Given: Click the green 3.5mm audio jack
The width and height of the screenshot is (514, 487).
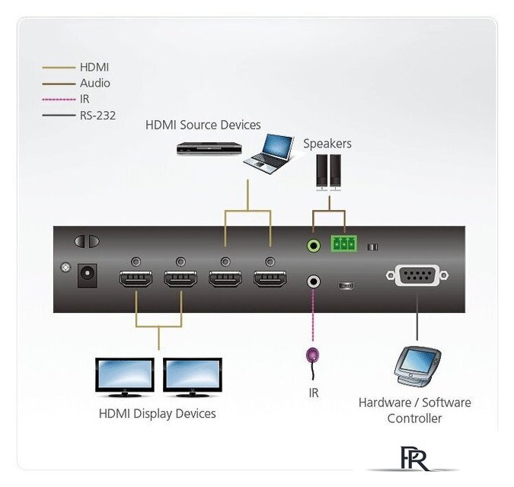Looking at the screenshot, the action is [x=314, y=245].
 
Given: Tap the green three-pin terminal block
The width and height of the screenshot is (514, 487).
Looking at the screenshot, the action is [x=344, y=243].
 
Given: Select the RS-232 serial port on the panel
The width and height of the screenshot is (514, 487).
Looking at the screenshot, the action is [x=417, y=275].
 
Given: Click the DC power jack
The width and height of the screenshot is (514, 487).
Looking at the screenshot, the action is [x=88, y=275].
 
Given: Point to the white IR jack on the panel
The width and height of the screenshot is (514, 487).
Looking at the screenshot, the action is [x=314, y=282].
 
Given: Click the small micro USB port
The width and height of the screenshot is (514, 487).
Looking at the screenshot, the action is [x=346, y=286].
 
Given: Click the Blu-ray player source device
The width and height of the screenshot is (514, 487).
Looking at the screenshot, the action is [x=209, y=148].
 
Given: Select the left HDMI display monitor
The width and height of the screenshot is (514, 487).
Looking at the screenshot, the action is [x=125, y=377].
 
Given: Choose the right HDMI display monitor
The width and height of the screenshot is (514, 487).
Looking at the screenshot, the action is [x=193, y=377].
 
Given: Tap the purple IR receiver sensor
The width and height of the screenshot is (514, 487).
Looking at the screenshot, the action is [x=312, y=355].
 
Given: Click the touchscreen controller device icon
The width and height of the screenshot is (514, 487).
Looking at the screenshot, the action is [x=417, y=367].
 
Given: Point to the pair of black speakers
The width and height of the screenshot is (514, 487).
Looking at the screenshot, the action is [x=328, y=173].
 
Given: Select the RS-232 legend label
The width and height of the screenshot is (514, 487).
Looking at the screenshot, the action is [x=97, y=115].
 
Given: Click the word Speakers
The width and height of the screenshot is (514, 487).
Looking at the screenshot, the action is [x=327, y=144].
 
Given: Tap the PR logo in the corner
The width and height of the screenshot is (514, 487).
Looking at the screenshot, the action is [x=414, y=459].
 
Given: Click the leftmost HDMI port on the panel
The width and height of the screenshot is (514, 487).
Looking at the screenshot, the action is [x=136, y=279].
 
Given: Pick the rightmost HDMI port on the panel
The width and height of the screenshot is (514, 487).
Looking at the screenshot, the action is [x=270, y=279].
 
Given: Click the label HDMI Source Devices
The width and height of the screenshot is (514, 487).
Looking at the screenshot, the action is [x=203, y=125].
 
